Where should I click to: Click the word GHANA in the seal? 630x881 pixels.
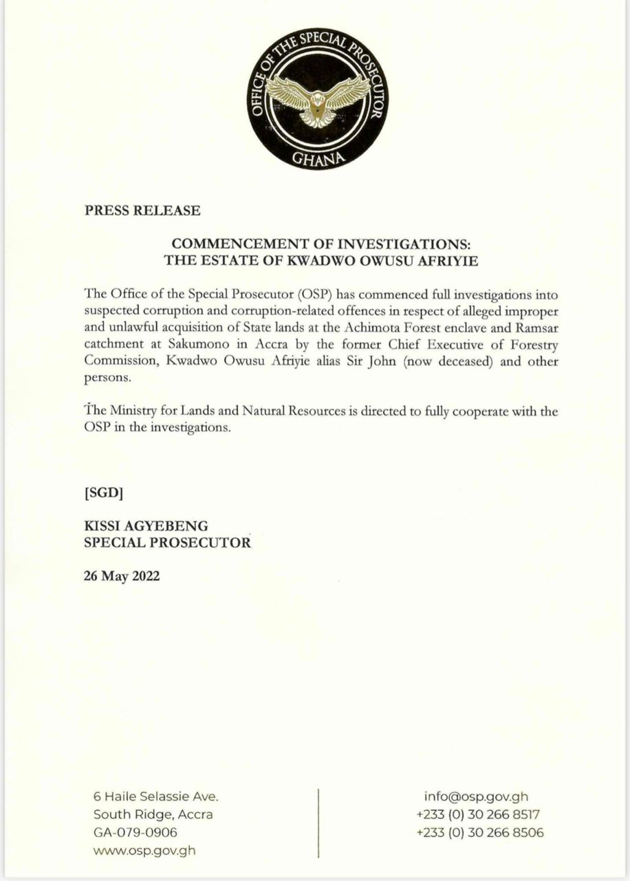(317, 158)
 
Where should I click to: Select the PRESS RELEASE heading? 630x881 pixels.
(142, 211)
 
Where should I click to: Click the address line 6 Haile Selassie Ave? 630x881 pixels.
(155, 796)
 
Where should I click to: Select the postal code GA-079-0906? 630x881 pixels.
(135, 832)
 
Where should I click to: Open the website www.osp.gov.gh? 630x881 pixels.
(144, 850)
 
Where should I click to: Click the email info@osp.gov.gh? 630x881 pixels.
(476, 796)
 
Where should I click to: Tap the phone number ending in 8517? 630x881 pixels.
(478, 814)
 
